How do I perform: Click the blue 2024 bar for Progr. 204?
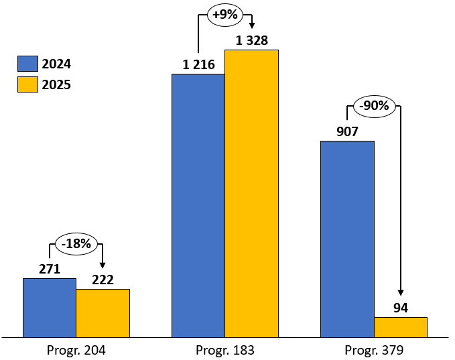click(x=50, y=308)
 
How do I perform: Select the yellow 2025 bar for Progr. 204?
click(x=103, y=313)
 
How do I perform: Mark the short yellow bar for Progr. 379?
click(x=401, y=327)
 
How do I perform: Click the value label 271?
click(x=49, y=269)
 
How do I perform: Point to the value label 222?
click(x=103, y=280)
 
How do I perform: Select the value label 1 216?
click(x=198, y=65)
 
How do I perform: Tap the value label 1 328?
click(x=251, y=41)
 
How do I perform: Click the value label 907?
click(x=347, y=131)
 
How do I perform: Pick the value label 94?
click(x=401, y=308)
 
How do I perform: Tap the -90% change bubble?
click(x=374, y=106)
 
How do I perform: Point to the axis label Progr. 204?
click(x=76, y=350)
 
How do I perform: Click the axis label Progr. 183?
click(x=225, y=350)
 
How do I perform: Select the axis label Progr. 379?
click(x=374, y=350)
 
